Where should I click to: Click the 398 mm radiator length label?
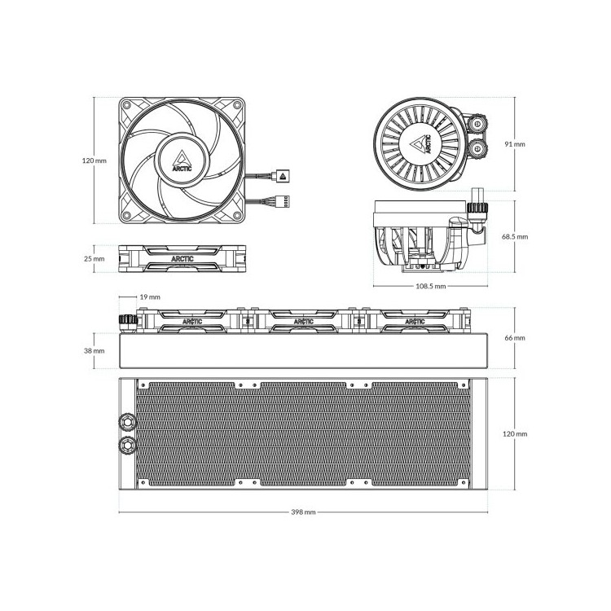[x=303, y=512]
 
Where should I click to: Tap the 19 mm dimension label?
[x=150, y=297]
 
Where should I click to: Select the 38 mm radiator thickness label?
[x=95, y=350]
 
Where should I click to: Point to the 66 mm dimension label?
[x=515, y=338]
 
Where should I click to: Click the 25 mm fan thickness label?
[x=95, y=258]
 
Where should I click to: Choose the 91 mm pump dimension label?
[x=515, y=144]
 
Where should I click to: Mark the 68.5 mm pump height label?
[x=515, y=236]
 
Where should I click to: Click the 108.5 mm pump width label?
[x=431, y=286]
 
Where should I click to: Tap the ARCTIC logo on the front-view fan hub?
[x=182, y=161]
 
